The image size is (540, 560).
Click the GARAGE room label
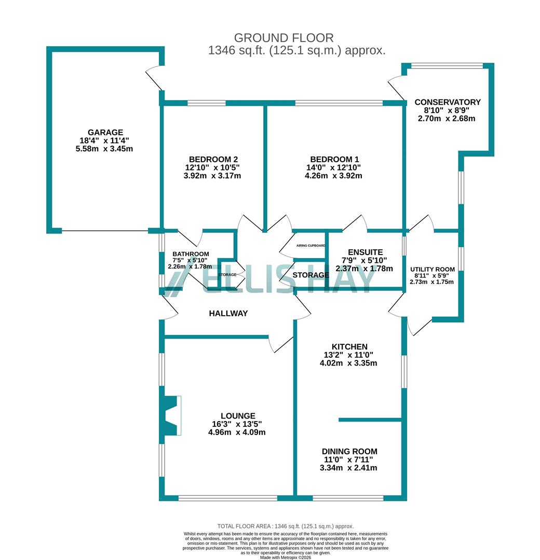coord(105,132)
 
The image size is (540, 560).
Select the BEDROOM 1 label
coord(333,159)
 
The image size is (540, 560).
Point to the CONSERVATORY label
coord(447,102)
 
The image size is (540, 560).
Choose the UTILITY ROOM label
coord(432,269)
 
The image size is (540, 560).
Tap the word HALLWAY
coord(228,313)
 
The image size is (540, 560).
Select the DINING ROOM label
coord(349,451)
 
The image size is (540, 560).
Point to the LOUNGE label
coord(238,415)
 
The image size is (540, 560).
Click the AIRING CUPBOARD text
coord(310,246)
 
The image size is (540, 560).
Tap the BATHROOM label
coord(191,254)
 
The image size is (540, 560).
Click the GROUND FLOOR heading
coord(283,38)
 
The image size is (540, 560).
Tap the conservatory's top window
coord(447,66)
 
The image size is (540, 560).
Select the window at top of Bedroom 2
coord(206,103)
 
